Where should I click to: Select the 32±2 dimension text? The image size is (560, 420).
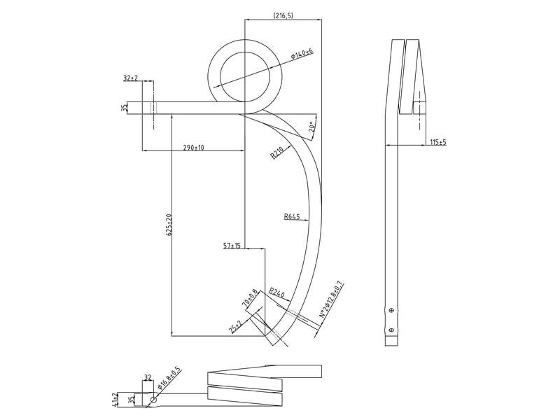pyautogui.click(x=130, y=78)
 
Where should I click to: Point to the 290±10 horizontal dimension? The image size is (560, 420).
pyautogui.click(x=193, y=148)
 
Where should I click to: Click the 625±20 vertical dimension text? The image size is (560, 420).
pyautogui.click(x=168, y=224)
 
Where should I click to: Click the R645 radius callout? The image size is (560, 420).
pyautogui.click(x=292, y=217)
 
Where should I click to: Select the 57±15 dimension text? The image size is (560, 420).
pyautogui.click(x=232, y=246)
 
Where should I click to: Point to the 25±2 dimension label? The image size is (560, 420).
pyautogui.click(x=235, y=327)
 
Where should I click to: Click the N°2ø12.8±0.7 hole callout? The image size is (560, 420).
pyautogui.click(x=331, y=300)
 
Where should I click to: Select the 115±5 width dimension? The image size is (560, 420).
pyautogui.click(x=438, y=142)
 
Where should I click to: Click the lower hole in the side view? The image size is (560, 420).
pyautogui.click(x=391, y=328)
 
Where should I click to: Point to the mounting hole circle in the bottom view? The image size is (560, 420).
pyautogui.click(x=153, y=400)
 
